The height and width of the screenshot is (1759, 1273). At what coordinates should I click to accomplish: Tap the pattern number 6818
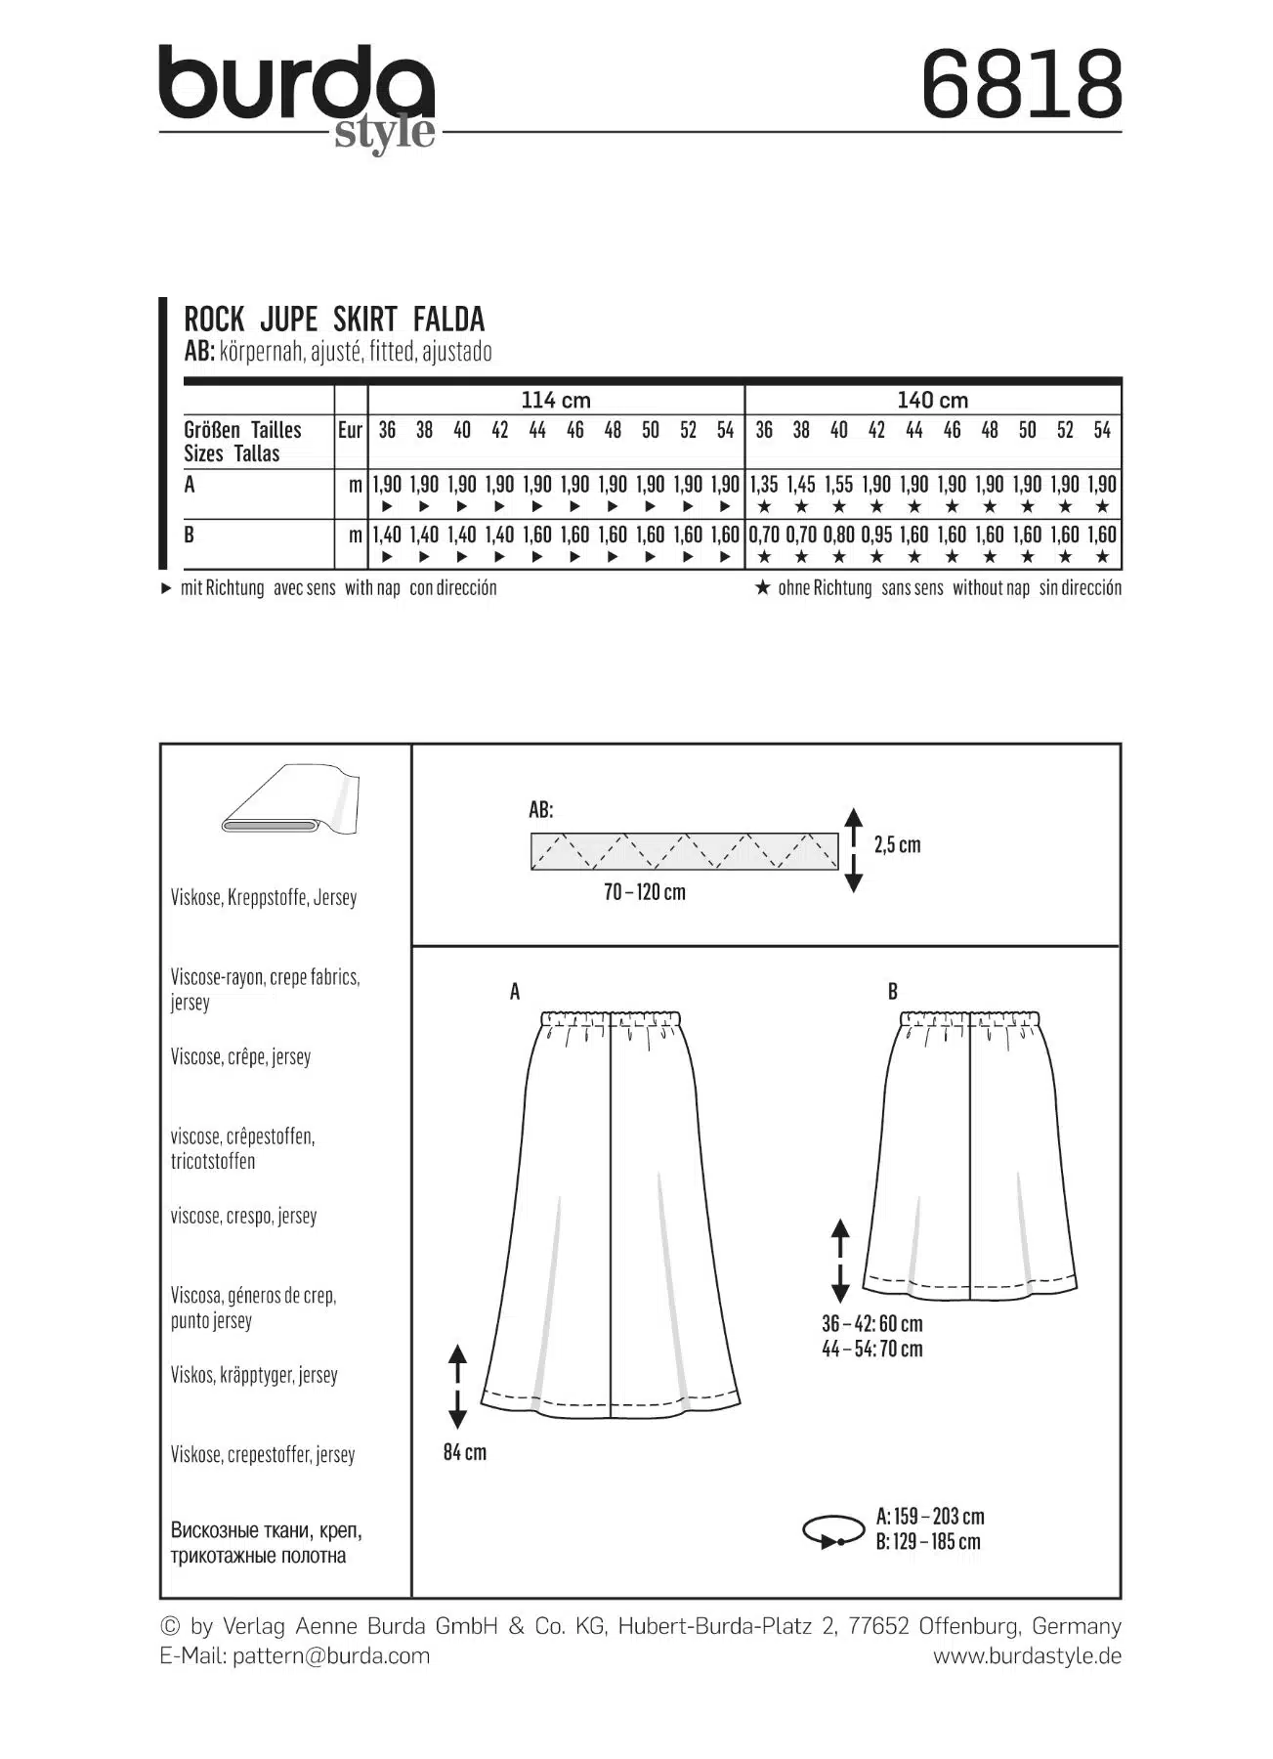pos(1021,85)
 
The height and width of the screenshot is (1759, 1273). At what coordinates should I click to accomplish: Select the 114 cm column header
pos(556,400)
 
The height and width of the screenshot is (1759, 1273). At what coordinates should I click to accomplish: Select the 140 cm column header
pos(932,400)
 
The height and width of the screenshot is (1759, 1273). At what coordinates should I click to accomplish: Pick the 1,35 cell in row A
pos(764,485)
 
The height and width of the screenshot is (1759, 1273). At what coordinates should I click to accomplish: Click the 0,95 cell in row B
pos(876,536)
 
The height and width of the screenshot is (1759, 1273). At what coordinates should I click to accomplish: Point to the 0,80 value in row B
pos(838,536)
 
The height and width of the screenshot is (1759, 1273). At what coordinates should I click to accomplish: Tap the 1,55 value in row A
pos(838,485)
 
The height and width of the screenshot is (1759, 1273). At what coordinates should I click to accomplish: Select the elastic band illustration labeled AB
pos(684,851)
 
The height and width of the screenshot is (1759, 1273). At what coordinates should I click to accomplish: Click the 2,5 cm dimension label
pos(897,844)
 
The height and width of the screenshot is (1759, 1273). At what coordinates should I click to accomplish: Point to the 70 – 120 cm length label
pos(645,892)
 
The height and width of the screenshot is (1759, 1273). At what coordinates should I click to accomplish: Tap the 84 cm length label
pos(464,1452)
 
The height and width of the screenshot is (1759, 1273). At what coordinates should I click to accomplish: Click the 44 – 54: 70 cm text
pos(871,1349)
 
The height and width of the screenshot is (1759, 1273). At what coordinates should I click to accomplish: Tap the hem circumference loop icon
pos(832,1531)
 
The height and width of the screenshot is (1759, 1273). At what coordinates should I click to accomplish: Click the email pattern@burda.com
pos(331,1655)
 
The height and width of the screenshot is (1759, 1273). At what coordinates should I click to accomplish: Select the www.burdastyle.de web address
pos(1027,1655)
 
